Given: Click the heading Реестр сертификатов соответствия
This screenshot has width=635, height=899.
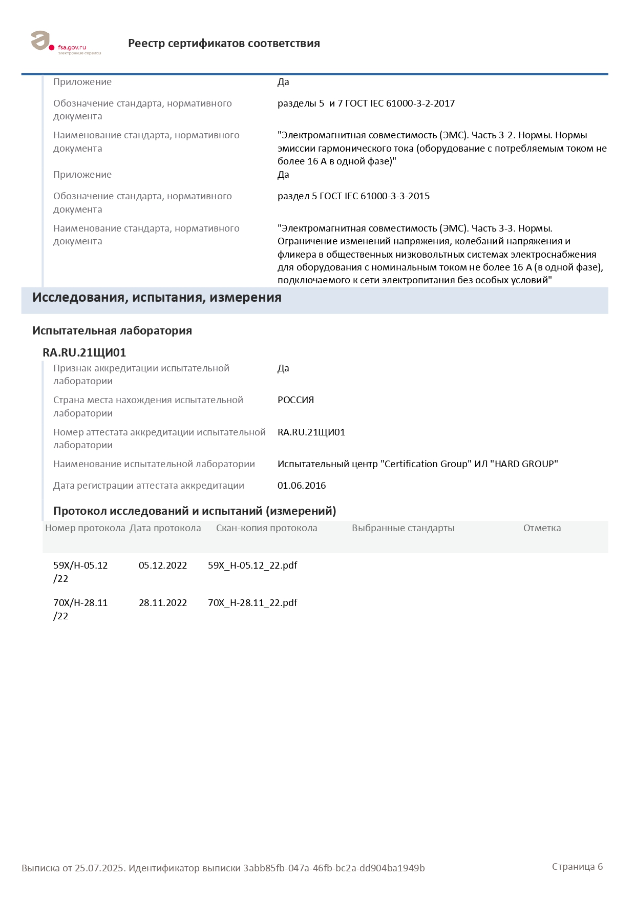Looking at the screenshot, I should pos(224,44).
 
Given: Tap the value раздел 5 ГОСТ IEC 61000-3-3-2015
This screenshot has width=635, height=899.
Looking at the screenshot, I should pos(353,196).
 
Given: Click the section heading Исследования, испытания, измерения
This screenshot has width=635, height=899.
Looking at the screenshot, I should pos(157,298).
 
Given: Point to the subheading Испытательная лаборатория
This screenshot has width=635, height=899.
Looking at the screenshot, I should pos(112,331).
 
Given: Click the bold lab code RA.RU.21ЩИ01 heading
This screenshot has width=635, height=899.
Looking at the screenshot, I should pos(84,352).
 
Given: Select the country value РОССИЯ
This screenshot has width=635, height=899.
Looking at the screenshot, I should pos(295,400).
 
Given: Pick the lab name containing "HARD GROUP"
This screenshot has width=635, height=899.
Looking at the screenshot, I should pos(417,464).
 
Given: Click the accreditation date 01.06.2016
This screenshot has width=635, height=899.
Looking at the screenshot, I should pos(302,486).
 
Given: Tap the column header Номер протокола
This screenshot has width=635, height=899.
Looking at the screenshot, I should pos(85,528).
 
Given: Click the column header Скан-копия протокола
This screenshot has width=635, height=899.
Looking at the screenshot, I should pos(266,528).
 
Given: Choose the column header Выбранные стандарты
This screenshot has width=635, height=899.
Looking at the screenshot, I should pos(403,528).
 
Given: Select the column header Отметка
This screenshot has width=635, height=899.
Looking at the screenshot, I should pos(542,528).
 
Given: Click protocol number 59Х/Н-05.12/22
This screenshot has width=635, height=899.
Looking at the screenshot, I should pos(80,572).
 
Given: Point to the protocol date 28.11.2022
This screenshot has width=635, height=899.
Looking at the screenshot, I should pos(163,603).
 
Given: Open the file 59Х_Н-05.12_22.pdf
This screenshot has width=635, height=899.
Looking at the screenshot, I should pos(252,566).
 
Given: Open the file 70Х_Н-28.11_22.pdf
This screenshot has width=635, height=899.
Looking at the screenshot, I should pos(252,603).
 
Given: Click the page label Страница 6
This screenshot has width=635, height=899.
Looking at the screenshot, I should pos(577,867).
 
